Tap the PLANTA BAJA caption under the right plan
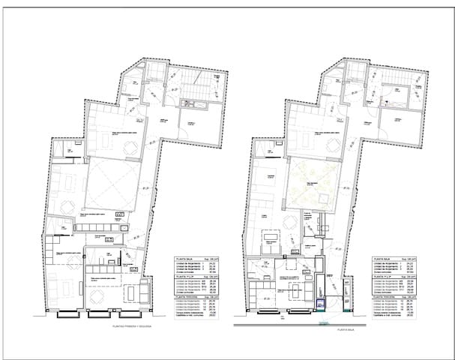coord(346,329)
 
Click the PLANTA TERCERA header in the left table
coord(185,297)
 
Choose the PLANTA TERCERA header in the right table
coord(383,297)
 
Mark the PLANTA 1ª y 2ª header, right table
coord(382,277)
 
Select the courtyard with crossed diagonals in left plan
coord(113,187)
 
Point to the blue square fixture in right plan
coord(321,303)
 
